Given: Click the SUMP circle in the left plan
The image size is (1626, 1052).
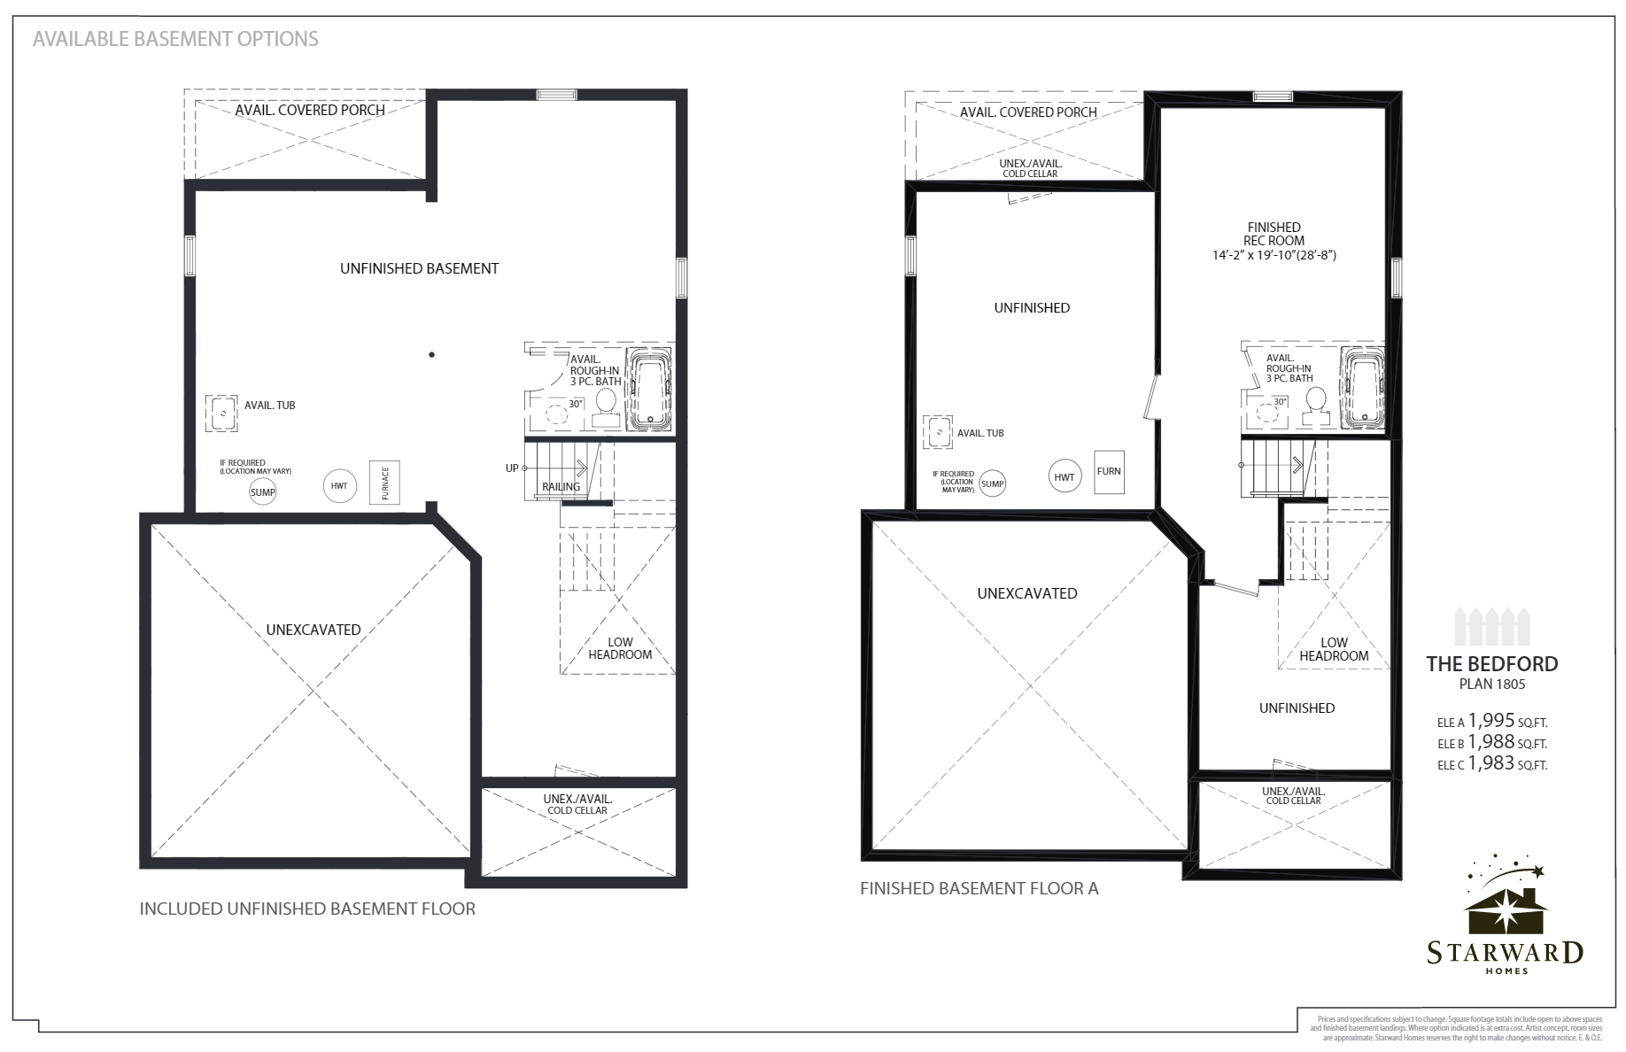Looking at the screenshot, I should [x=262, y=491].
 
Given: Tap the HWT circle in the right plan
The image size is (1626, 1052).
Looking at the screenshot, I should [x=1064, y=476].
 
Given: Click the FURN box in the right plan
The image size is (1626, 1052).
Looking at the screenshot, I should [x=1109, y=471].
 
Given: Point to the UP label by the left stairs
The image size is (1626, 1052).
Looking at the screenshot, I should [x=512, y=468].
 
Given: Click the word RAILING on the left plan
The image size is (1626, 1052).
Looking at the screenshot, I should [x=561, y=486].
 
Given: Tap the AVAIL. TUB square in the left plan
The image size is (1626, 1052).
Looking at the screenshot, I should [x=221, y=413].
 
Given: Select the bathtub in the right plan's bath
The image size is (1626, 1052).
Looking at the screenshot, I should [x=1361, y=390].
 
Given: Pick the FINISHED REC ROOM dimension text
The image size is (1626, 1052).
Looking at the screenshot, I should [x=1274, y=255].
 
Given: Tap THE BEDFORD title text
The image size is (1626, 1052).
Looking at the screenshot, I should [x=1491, y=663].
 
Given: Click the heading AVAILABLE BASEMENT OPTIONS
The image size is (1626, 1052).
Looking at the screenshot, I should [x=175, y=39].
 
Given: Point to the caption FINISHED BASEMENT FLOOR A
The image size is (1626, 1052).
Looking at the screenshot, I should [x=979, y=888].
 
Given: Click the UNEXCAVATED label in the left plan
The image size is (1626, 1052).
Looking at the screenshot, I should [x=314, y=630].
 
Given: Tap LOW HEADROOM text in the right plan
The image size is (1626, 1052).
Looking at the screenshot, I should [x=1334, y=649].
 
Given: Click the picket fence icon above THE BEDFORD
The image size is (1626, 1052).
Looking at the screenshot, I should [x=1492, y=627].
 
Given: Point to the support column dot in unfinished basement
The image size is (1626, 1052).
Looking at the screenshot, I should [x=431, y=355].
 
